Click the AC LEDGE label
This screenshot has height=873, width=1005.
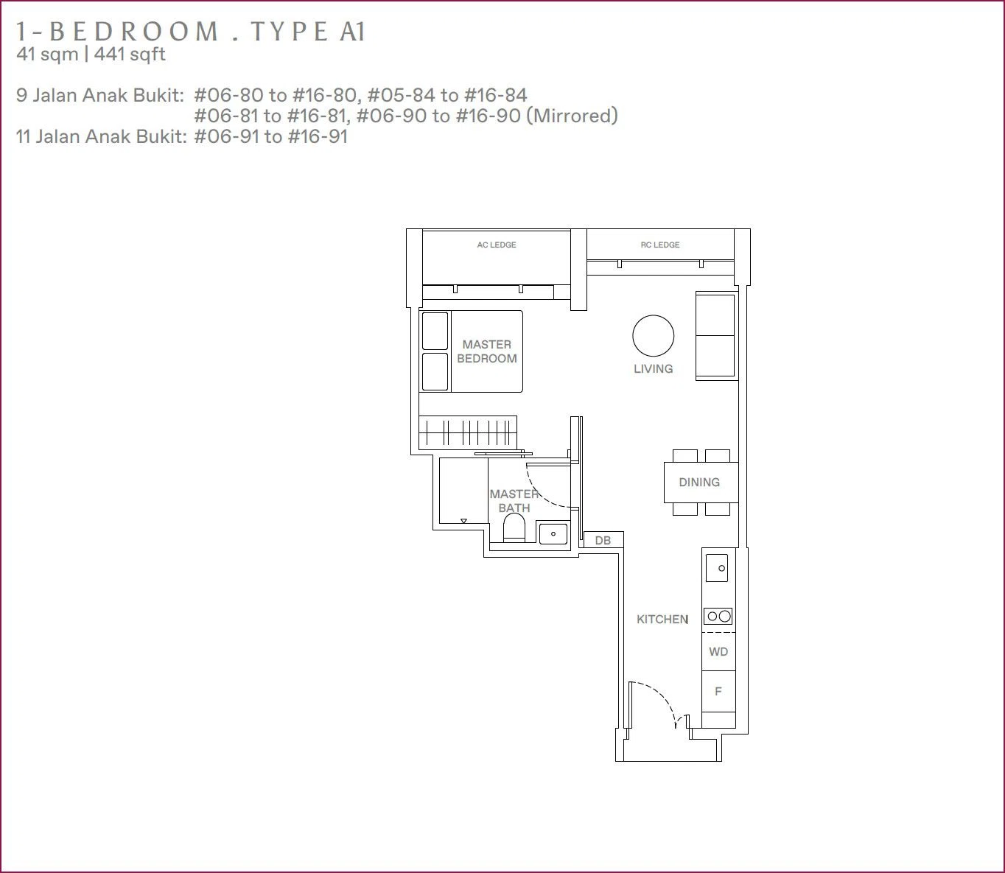click(496, 245)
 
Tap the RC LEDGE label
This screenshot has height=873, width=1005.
click(659, 245)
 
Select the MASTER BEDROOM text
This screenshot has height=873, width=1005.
click(487, 351)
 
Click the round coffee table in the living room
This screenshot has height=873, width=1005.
click(653, 336)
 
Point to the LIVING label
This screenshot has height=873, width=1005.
click(653, 369)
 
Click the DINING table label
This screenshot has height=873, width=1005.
click(699, 482)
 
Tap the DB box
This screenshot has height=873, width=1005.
click(603, 540)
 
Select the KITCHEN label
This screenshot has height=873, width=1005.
click(662, 619)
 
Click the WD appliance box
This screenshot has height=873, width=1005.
click(718, 651)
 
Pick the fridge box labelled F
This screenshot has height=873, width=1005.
click(718, 691)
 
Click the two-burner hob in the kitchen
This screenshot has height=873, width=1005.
click(718, 616)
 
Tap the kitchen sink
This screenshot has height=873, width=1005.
click(717, 568)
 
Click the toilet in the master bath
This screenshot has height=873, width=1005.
click(514, 528)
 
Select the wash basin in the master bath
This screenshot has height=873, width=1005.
click(553, 533)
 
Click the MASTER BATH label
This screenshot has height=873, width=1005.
click(514, 501)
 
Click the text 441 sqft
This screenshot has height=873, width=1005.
click(130, 55)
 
